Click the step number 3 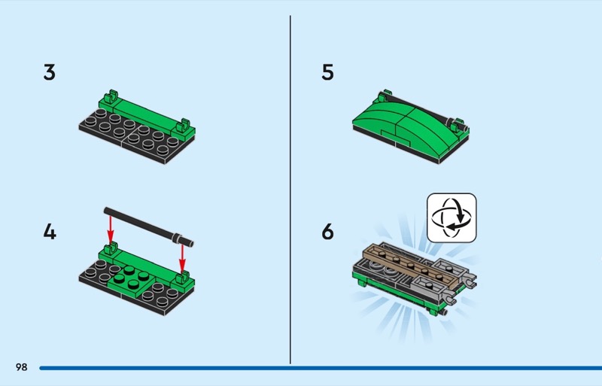coord(50,73)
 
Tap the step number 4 coord(50,232)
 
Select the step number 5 coord(327,73)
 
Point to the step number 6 coord(327,232)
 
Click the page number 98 coord(20,367)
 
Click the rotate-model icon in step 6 coord(451,218)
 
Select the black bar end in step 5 coord(454,120)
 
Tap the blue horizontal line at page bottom coord(316,368)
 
